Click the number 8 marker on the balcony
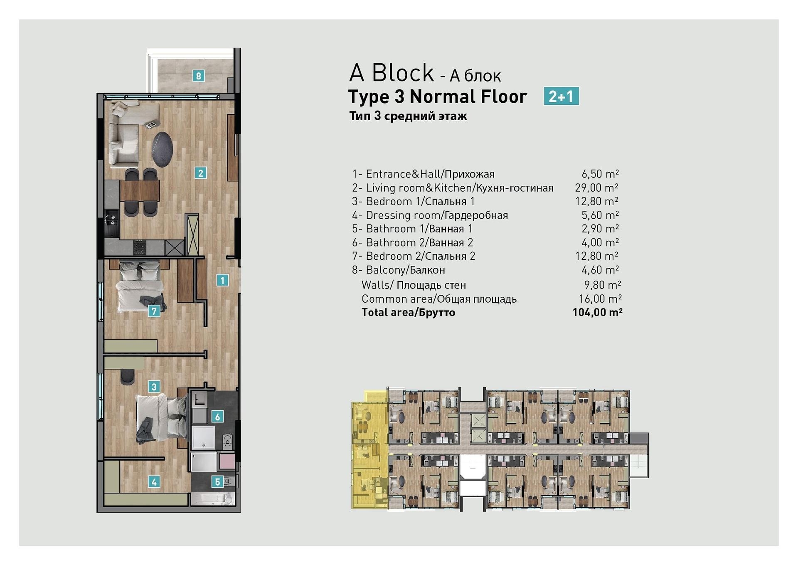[x=198, y=76]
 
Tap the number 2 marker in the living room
[x=200, y=173]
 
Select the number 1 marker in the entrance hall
[x=222, y=280]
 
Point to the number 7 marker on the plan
[x=154, y=311]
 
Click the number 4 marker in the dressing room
[x=154, y=482]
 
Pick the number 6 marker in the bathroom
[x=217, y=416]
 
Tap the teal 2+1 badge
[x=561, y=96]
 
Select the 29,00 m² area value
[x=596, y=188]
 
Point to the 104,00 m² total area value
[x=597, y=312]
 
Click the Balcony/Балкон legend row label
[x=405, y=270]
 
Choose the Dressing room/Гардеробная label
[x=437, y=215]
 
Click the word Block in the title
[x=402, y=73]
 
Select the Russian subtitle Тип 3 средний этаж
[x=408, y=116]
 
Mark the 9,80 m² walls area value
[x=603, y=285]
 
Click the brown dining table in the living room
[x=140, y=191]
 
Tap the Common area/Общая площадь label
[x=439, y=299]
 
